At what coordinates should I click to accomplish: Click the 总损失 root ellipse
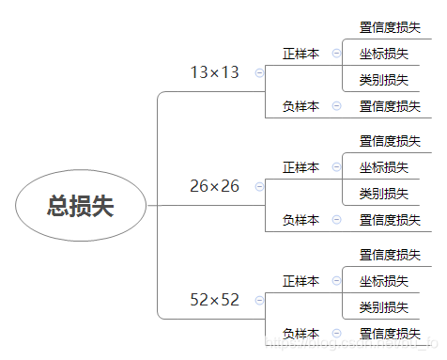tap(81, 206)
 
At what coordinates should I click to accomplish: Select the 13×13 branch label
tap(214, 71)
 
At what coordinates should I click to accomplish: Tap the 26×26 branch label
tap(214, 186)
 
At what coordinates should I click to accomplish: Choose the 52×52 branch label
tap(214, 300)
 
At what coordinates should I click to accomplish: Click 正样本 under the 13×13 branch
tap(301, 54)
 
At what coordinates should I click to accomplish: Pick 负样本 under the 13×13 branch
tap(301, 106)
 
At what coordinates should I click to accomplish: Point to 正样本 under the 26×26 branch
tap(301, 167)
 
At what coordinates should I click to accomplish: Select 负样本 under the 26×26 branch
tap(301, 220)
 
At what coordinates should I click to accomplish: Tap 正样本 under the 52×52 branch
tap(301, 281)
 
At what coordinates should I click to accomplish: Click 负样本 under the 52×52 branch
tap(301, 334)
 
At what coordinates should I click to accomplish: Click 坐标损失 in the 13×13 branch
tap(383, 54)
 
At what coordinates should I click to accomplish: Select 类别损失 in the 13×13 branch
tap(383, 80)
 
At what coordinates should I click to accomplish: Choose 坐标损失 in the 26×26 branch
tap(383, 167)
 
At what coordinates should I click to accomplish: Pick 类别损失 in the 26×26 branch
tap(383, 194)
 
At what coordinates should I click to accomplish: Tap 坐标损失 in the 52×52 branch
tap(383, 281)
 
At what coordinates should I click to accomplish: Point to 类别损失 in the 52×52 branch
tap(383, 307)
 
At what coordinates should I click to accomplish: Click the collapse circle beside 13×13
tap(259, 72)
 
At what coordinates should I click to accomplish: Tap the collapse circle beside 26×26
tap(259, 187)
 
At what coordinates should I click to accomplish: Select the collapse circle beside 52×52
tap(259, 301)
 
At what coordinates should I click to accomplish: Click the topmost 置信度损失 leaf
tap(390, 27)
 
